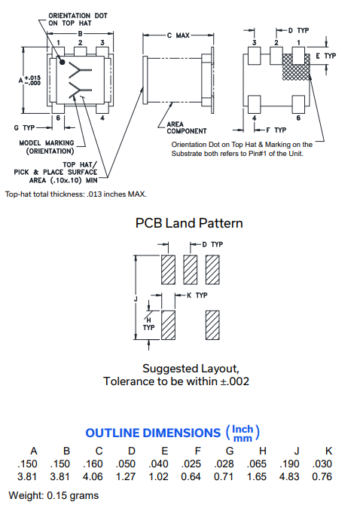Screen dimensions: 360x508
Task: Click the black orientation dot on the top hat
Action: (x=63, y=62)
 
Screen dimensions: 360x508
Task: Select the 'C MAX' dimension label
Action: (x=178, y=35)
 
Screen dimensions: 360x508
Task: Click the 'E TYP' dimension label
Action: (x=326, y=56)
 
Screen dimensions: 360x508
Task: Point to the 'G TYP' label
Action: (x=24, y=127)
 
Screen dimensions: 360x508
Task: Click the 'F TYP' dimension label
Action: (x=276, y=130)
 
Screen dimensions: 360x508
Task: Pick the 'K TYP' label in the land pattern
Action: (x=197, y=295)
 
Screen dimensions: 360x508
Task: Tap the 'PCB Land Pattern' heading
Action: (x=189, y=223)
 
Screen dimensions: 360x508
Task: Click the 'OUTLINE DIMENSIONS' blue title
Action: (x=153, y=433)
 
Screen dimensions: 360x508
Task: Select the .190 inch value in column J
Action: (x=289, y=464)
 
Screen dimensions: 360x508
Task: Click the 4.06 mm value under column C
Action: (x=93, y=476)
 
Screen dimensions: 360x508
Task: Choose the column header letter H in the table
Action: (x=263, y=451)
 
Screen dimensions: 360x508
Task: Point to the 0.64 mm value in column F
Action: (x=191, y=476)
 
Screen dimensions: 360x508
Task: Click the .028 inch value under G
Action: (x=224, y=464)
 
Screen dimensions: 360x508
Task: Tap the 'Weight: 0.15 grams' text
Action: (x=53, y=496)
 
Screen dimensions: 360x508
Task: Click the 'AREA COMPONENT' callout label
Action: (x=187, y=127)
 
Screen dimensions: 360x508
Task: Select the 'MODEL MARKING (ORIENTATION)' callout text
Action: (x=47, y=147)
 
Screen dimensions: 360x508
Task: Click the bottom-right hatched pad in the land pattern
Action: (x=212, y=326)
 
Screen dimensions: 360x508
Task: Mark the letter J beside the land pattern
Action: (x=136, y=298)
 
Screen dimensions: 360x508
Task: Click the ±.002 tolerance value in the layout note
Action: (x=235, y=381)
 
